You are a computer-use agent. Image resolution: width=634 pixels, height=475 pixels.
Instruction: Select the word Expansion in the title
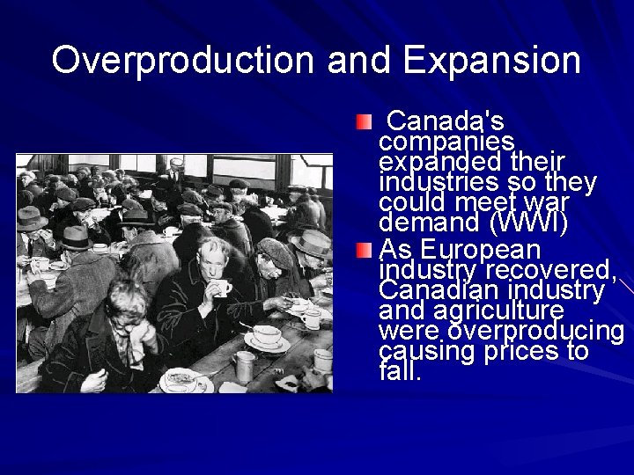(492, 60)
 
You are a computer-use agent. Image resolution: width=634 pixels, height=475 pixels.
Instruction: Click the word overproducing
(536, 332)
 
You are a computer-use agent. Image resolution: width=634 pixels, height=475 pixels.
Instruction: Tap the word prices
(520, 352)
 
